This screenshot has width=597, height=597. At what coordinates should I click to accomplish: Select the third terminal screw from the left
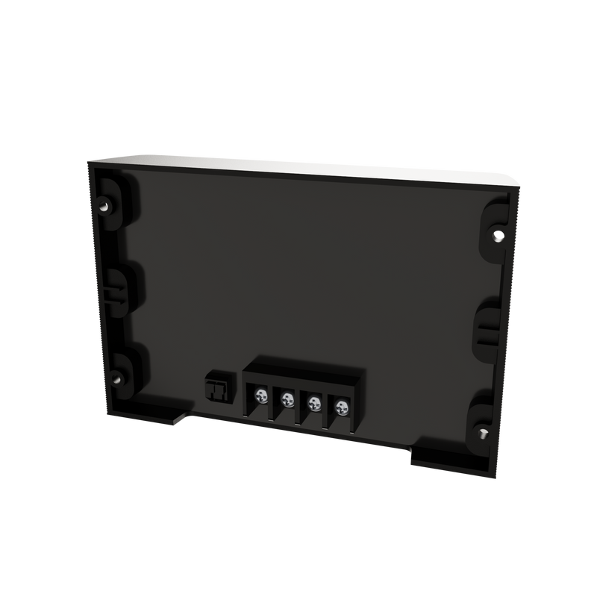[314, 403]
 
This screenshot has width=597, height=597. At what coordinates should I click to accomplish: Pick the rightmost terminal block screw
[342, 407]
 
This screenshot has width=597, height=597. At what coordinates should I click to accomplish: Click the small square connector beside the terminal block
[216, 389]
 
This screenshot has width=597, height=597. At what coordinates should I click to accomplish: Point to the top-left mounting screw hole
[105, 202]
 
